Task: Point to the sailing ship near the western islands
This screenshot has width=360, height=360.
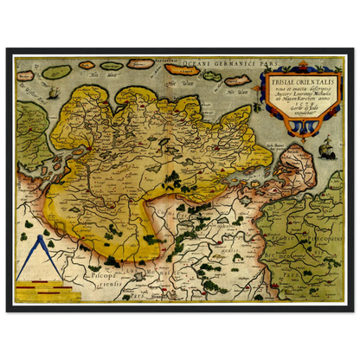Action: (52, 93)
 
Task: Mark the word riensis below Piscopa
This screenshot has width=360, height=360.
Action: (102, 282)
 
